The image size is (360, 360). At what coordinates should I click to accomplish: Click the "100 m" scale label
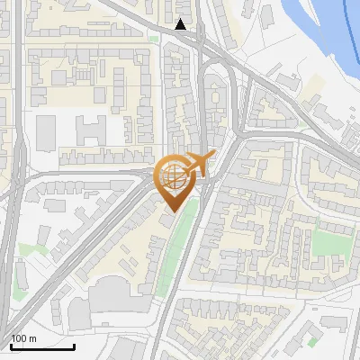23,338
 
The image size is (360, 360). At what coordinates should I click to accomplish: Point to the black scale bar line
41,346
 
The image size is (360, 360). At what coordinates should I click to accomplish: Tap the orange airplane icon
200,163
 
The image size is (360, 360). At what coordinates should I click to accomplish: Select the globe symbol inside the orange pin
173,177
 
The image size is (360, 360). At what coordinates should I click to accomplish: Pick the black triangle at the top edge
182,24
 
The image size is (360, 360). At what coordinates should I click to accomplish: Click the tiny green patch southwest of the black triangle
154,40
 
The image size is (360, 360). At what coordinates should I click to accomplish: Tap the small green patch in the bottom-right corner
312,342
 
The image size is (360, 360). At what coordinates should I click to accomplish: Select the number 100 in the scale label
19,338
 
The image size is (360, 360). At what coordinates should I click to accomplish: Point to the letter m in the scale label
32,338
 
